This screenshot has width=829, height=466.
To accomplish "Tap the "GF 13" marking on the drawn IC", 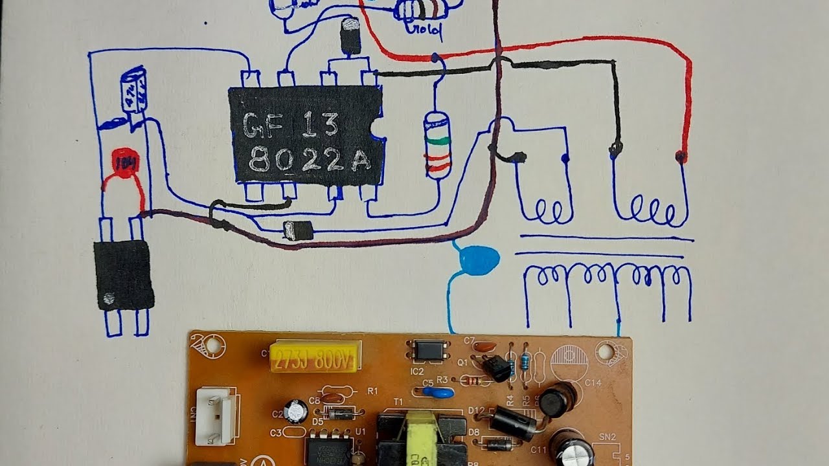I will [x=291, y=125].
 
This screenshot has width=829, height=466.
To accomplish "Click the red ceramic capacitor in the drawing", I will [x=122, y=162].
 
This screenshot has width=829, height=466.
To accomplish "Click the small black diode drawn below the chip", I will [x=299, y=230].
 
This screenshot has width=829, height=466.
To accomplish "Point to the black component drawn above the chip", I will [x=350, y=36].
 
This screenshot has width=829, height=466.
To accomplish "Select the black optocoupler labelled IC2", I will [x=429, y=351].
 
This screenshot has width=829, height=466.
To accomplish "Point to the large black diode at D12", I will [x=512, y=421].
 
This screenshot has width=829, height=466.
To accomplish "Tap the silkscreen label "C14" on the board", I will [x=593, y=383].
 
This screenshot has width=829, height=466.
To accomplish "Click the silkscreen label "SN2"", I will [x=607, y=436].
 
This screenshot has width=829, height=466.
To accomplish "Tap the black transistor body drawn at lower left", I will [x=124, y=275].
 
